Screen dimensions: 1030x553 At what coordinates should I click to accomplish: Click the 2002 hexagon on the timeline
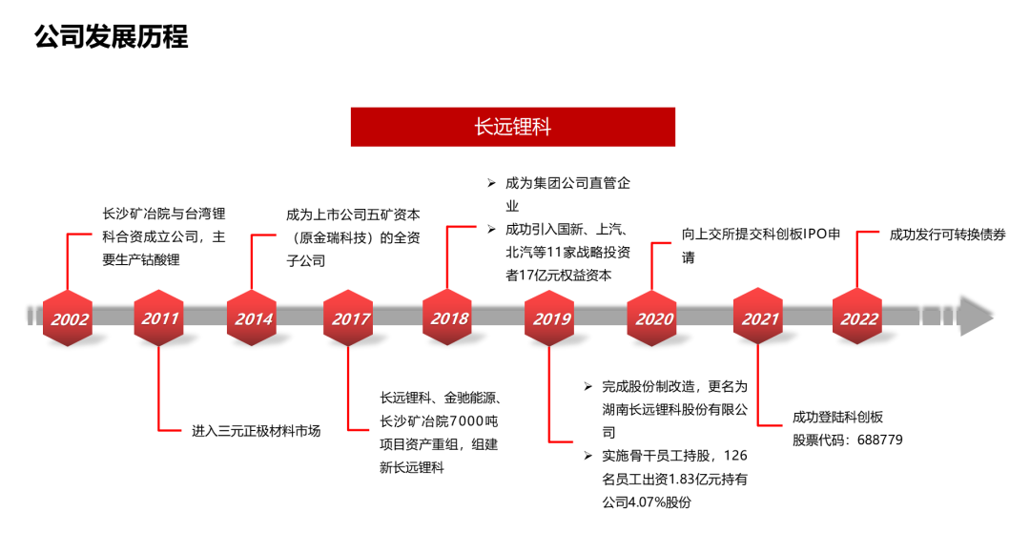click(68, 317)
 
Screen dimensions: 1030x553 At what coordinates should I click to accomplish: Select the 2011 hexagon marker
click(158, 317)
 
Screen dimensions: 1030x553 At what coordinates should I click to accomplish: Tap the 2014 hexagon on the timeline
click(252, 317)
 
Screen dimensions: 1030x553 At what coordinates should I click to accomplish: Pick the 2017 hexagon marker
click(348, 317)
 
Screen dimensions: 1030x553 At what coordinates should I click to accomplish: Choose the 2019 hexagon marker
click(549, 317)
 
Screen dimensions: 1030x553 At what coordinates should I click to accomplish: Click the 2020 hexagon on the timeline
click(651, 317)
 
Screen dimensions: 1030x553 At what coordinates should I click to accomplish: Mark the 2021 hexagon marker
click(758, 317)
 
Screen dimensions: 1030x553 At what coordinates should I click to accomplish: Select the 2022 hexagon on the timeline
click(857, 317)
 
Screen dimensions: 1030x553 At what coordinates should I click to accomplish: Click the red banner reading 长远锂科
click(513, 127)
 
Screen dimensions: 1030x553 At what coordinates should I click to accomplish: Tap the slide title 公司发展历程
click(111, 36)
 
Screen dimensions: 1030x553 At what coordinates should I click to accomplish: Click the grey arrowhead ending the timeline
click(976, 316)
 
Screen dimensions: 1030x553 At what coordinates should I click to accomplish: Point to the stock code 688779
click(880, 440)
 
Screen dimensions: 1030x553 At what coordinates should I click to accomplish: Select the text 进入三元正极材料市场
click(257, 431)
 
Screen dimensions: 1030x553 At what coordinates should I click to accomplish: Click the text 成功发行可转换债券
click(947, 235)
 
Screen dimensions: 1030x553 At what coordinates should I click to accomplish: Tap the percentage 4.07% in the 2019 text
click(647, 502)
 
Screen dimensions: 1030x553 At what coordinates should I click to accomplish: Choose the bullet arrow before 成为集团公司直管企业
click(491, 183)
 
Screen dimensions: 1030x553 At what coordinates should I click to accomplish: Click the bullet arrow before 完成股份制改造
click(587, 386)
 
